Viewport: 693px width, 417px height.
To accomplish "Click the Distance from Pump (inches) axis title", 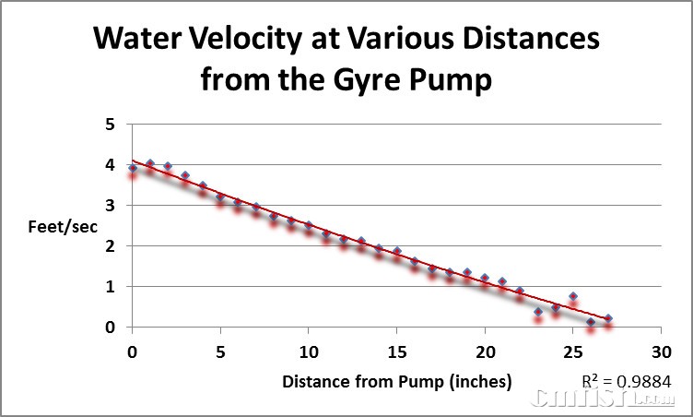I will coord(397,381).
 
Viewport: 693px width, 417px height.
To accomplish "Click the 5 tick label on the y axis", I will coord(111,125).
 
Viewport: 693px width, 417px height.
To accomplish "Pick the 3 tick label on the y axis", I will coord(111,206).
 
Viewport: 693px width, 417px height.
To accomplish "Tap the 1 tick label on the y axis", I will coord(111,287).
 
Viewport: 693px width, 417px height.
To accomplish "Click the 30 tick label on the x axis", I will coord(660,351).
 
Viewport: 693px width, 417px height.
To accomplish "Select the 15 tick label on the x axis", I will coord(396,351).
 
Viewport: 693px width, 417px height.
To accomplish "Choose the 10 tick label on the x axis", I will coord(309,351).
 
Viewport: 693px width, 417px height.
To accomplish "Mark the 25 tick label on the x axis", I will coord(572,351).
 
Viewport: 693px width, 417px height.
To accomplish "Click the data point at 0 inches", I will coord(133,168).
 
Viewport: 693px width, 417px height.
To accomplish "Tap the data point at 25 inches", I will coord(573,297).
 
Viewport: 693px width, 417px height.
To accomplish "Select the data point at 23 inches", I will coord(538,312).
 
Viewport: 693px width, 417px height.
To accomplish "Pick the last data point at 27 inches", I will coord(608,318).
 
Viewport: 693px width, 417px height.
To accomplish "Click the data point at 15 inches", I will coord(397,251).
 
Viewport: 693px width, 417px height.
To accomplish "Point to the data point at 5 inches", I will coord(220,197).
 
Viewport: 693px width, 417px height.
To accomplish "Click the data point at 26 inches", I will coord(591,322).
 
